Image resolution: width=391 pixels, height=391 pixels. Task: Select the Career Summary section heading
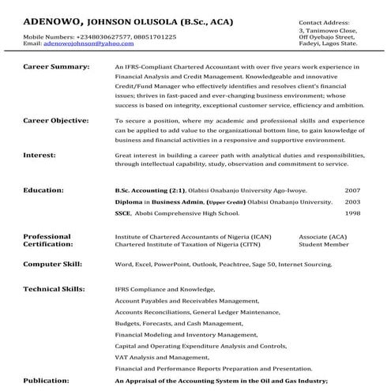(57, 69)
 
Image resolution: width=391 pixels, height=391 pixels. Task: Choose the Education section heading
(43, 190)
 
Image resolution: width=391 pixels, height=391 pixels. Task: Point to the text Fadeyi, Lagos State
(325, 44)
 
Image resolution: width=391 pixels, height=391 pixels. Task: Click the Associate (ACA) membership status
(323, 237)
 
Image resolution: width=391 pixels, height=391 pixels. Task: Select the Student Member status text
(323, 245)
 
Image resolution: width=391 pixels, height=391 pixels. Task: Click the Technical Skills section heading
(55, 290)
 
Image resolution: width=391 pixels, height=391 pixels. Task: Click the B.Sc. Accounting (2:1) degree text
(150, 190)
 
